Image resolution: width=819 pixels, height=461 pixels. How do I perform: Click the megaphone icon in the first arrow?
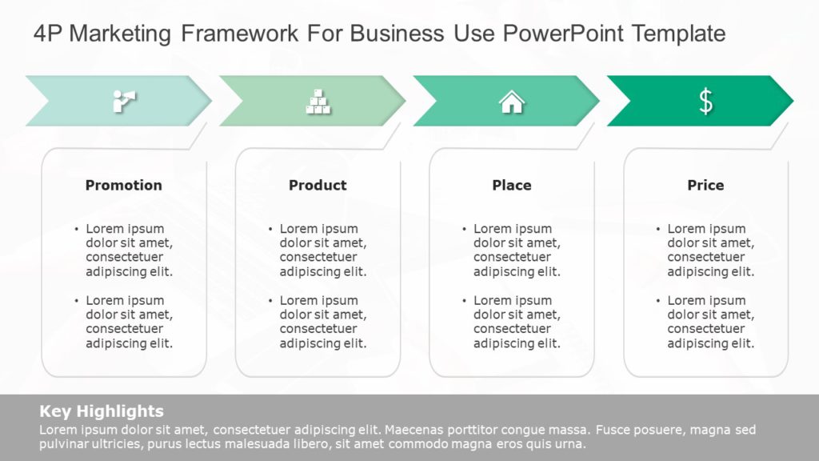124,101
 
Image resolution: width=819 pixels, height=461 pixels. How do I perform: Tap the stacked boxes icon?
318,101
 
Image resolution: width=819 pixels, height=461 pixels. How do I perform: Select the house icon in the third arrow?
511,102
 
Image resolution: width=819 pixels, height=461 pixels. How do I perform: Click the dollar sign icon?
705,101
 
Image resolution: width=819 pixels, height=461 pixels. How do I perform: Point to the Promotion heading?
123,185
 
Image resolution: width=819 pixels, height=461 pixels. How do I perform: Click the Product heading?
318,185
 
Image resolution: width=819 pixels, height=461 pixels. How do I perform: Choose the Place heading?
511,185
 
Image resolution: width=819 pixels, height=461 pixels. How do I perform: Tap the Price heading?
705,185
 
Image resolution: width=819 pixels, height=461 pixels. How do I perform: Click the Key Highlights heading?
102,411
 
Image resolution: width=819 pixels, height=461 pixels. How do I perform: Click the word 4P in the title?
47,34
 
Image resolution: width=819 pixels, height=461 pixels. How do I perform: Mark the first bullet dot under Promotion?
77,229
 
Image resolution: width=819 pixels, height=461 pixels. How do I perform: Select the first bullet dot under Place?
465,229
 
